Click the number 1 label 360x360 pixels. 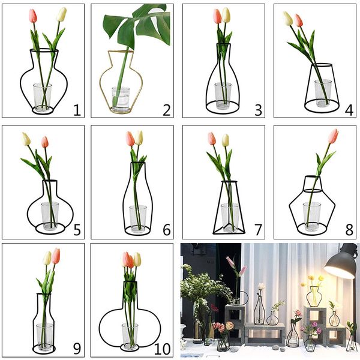click(x=77, y=110)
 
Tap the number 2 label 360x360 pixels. click(x=167, y=110)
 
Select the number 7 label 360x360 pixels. click(x=258, y=230)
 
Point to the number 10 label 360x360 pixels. click(x=162, y=349)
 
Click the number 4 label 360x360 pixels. click(x=349, y=110)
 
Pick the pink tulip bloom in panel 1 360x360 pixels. click(x=33, y=16)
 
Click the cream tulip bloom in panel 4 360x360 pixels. click(x=288, y=19)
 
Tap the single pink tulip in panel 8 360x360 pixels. click(x=334, y=136)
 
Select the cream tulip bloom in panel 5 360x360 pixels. click(x=26, y=139)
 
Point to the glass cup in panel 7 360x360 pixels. click(x=230, y=217)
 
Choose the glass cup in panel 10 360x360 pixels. click(x=130, y=335)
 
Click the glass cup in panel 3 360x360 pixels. click(x=223, y=95)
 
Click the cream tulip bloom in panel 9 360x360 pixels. click(x=47, y=258)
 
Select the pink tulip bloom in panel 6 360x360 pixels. click(x=130, y=139)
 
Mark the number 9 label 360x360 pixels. click(x=77, y=349)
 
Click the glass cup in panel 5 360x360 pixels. click(x=50, y=216)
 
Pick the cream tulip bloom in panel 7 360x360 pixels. click(x=226, y=140)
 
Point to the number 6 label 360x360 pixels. click(x=167, y=230)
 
